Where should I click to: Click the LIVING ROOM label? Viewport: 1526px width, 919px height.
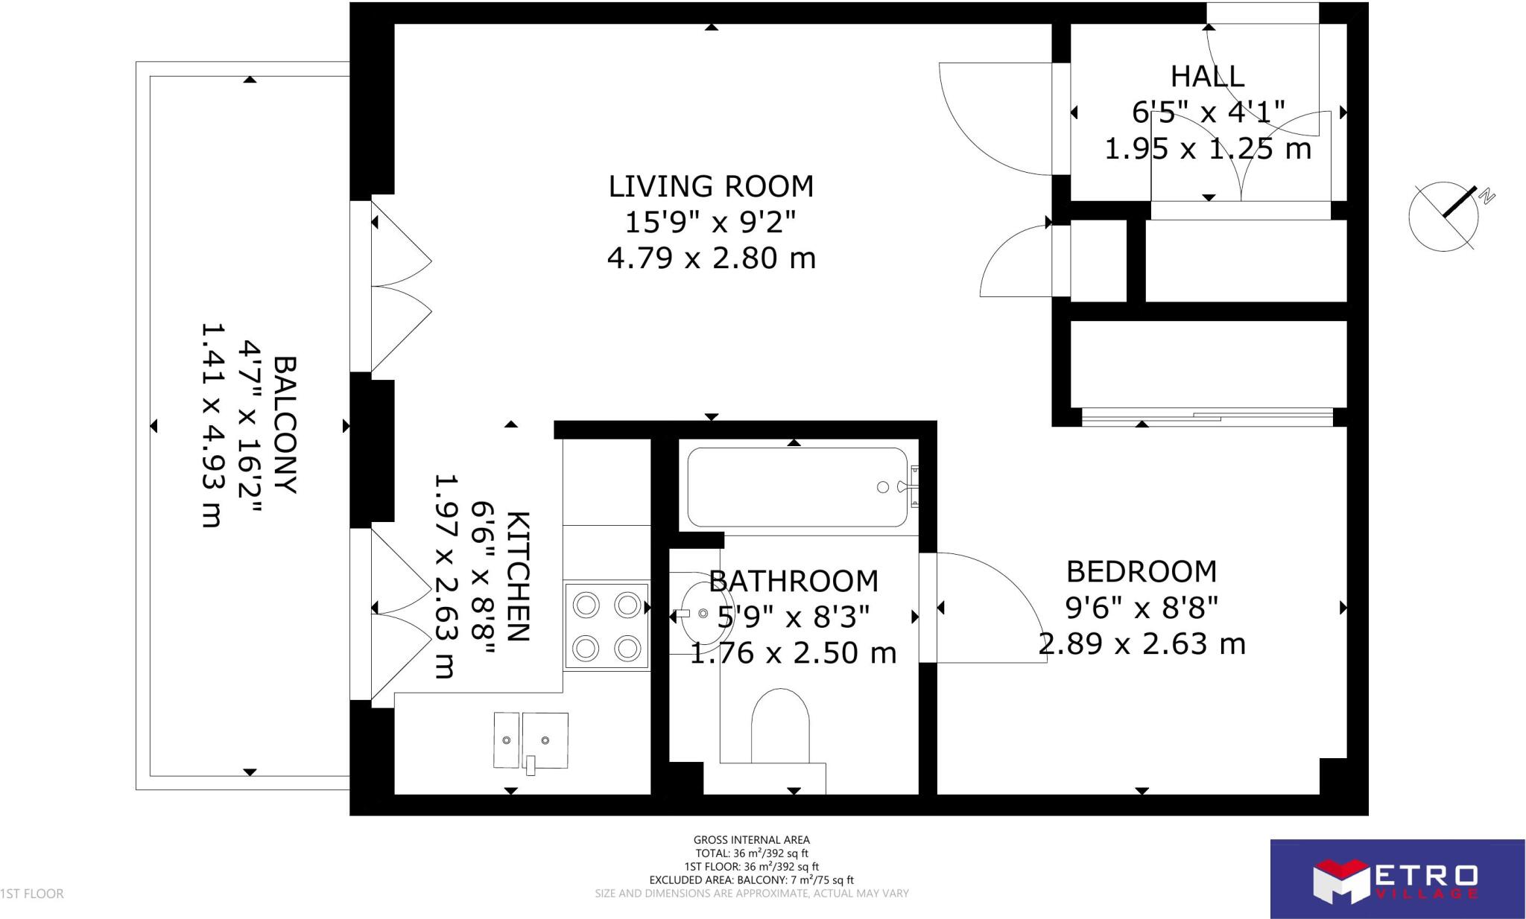click(711, 186)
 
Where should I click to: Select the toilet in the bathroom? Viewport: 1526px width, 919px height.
click(779, 727)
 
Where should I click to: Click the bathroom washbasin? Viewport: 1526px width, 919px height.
click(705, 612)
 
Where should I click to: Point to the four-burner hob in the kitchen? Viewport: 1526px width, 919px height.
click(607, 626)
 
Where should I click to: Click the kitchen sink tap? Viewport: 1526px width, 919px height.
click(531, 765)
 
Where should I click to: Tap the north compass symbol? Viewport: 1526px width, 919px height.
click(1444, 216)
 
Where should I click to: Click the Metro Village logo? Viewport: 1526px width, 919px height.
click(1396, 879)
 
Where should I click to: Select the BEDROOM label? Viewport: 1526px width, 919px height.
click(1142, 572)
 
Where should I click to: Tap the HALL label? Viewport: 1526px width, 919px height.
click(1207, 77)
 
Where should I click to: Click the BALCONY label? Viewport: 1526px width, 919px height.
click(285, 425)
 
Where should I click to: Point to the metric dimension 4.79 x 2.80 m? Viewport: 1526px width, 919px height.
click(711, 258)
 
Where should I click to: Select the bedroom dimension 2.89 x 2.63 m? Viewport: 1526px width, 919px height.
click(1142, 644)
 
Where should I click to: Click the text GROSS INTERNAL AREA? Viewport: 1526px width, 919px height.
click(751, 840)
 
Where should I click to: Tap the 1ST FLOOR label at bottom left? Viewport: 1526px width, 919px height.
click(32, 894)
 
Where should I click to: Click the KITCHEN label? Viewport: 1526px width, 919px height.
click(518, 576)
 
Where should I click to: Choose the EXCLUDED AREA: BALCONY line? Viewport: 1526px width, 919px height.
click(751, 880)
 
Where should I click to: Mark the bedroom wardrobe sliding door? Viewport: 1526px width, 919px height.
click(1207, 417)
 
